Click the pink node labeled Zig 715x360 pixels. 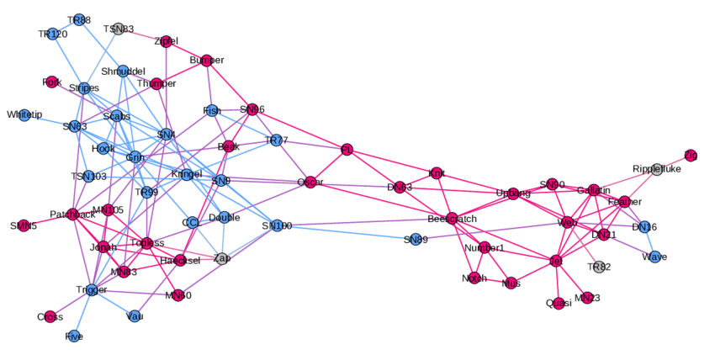(x=691, y=155)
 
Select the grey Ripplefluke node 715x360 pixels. (x=657, y=169)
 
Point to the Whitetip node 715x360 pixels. (x=24, y=114)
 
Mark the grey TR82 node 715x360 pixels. (x=599, y=267)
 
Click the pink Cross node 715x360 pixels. (x=50, y=316)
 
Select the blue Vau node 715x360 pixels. (x=135, y=316)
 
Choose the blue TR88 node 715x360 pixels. (x=79, y=19)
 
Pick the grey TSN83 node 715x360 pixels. (x=119, y=29)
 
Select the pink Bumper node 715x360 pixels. (x=207, y=60)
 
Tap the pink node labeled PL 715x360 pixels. (x=347, y=150)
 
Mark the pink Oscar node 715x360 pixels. (x=310, y=183)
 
